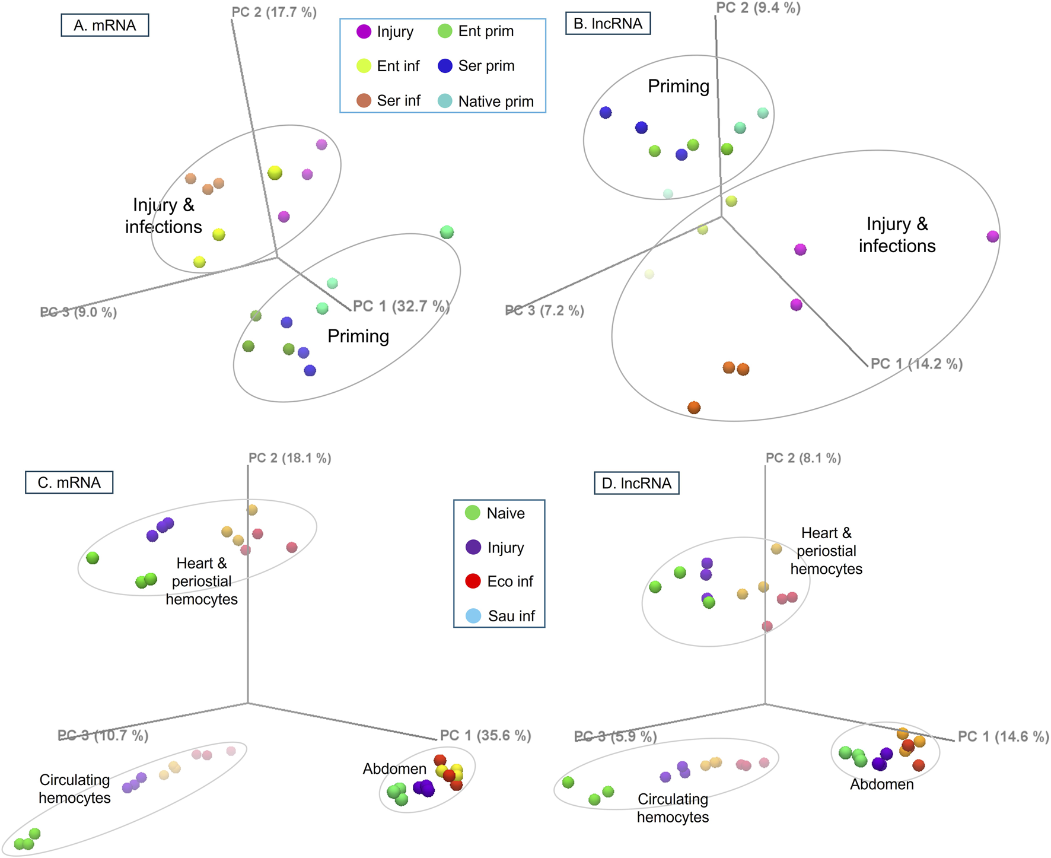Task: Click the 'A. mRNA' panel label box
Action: coord(104,26)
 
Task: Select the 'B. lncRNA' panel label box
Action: coord(607,24)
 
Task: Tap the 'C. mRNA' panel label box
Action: coord(69,482)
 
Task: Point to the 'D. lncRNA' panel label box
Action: coord(636,484)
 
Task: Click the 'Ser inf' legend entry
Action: coord(388,101)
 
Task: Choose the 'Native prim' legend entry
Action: coord(486,101)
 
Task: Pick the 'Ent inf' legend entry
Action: coord(388,66)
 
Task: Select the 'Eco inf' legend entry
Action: coord(499,581)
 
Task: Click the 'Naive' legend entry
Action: coord(496,513)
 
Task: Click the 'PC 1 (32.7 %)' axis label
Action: coord(402,306)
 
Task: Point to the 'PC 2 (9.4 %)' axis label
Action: coord(758,8)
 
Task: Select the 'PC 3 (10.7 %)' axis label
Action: coord(103,736)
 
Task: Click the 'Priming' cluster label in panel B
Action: coord(679,87)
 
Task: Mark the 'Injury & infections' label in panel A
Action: coord(163,216)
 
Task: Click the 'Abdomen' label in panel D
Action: coord(881,784)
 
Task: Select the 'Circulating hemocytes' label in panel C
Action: coord(75,789)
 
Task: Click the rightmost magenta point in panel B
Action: coord(993,237)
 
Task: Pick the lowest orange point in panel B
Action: coord(694,408)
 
